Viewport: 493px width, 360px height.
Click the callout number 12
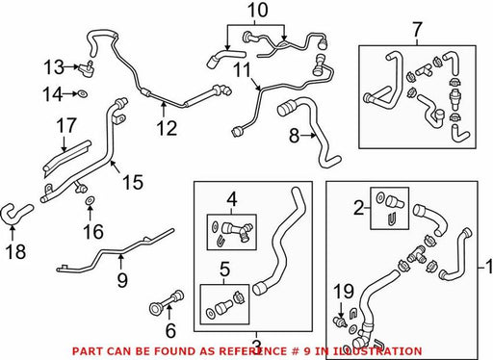[167, 128]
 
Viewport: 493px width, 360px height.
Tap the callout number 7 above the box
[417, 30]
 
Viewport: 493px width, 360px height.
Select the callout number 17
[66, 125]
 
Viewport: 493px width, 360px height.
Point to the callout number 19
[344, 292]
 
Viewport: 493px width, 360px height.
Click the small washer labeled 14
[83, 94]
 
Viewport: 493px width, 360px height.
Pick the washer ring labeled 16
[90, 200]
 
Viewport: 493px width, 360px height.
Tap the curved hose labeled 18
[16, 214]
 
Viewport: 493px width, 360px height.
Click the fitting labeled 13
[87, 68]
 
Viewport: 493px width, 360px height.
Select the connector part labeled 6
[167, 301]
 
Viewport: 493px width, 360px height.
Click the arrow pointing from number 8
[309, 136]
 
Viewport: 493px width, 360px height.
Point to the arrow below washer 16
[90, 213]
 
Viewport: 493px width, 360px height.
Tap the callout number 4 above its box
[232, 199]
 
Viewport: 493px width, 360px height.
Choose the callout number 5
[224, 270]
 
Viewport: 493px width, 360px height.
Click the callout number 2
[359, 208]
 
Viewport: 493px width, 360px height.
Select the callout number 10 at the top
[258, 11]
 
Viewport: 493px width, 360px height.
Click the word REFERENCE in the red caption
[253, 351]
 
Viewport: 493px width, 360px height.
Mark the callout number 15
[133, 182]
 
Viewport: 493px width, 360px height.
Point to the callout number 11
[243, 70]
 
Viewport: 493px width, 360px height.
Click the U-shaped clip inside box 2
[392, 219]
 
